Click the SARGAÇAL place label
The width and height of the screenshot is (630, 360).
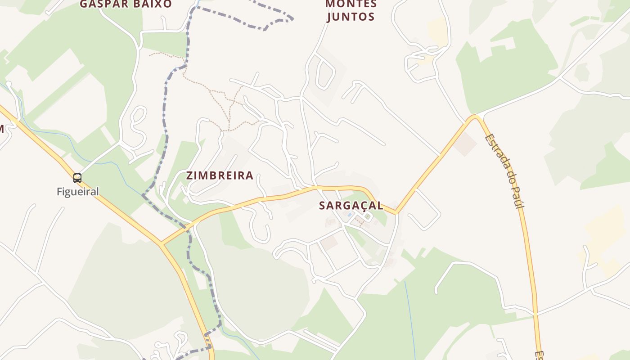pos(351,206)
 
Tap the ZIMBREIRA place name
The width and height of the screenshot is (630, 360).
pos(220,175)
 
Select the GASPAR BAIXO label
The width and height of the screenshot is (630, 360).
pos(126,4)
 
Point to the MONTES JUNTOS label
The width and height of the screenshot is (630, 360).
pos(351,11)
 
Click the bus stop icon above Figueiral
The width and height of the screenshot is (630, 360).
pos(77,178)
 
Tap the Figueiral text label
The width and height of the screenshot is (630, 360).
pos(77,192)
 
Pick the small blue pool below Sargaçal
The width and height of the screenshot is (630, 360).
pos(350,215)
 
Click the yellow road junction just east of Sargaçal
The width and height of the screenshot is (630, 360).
pos(396,212)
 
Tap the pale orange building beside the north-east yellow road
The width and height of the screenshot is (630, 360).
pos(465,144)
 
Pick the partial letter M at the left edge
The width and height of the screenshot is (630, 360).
pos(1,129)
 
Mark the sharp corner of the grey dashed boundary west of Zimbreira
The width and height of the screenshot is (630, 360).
pos(143,195)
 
